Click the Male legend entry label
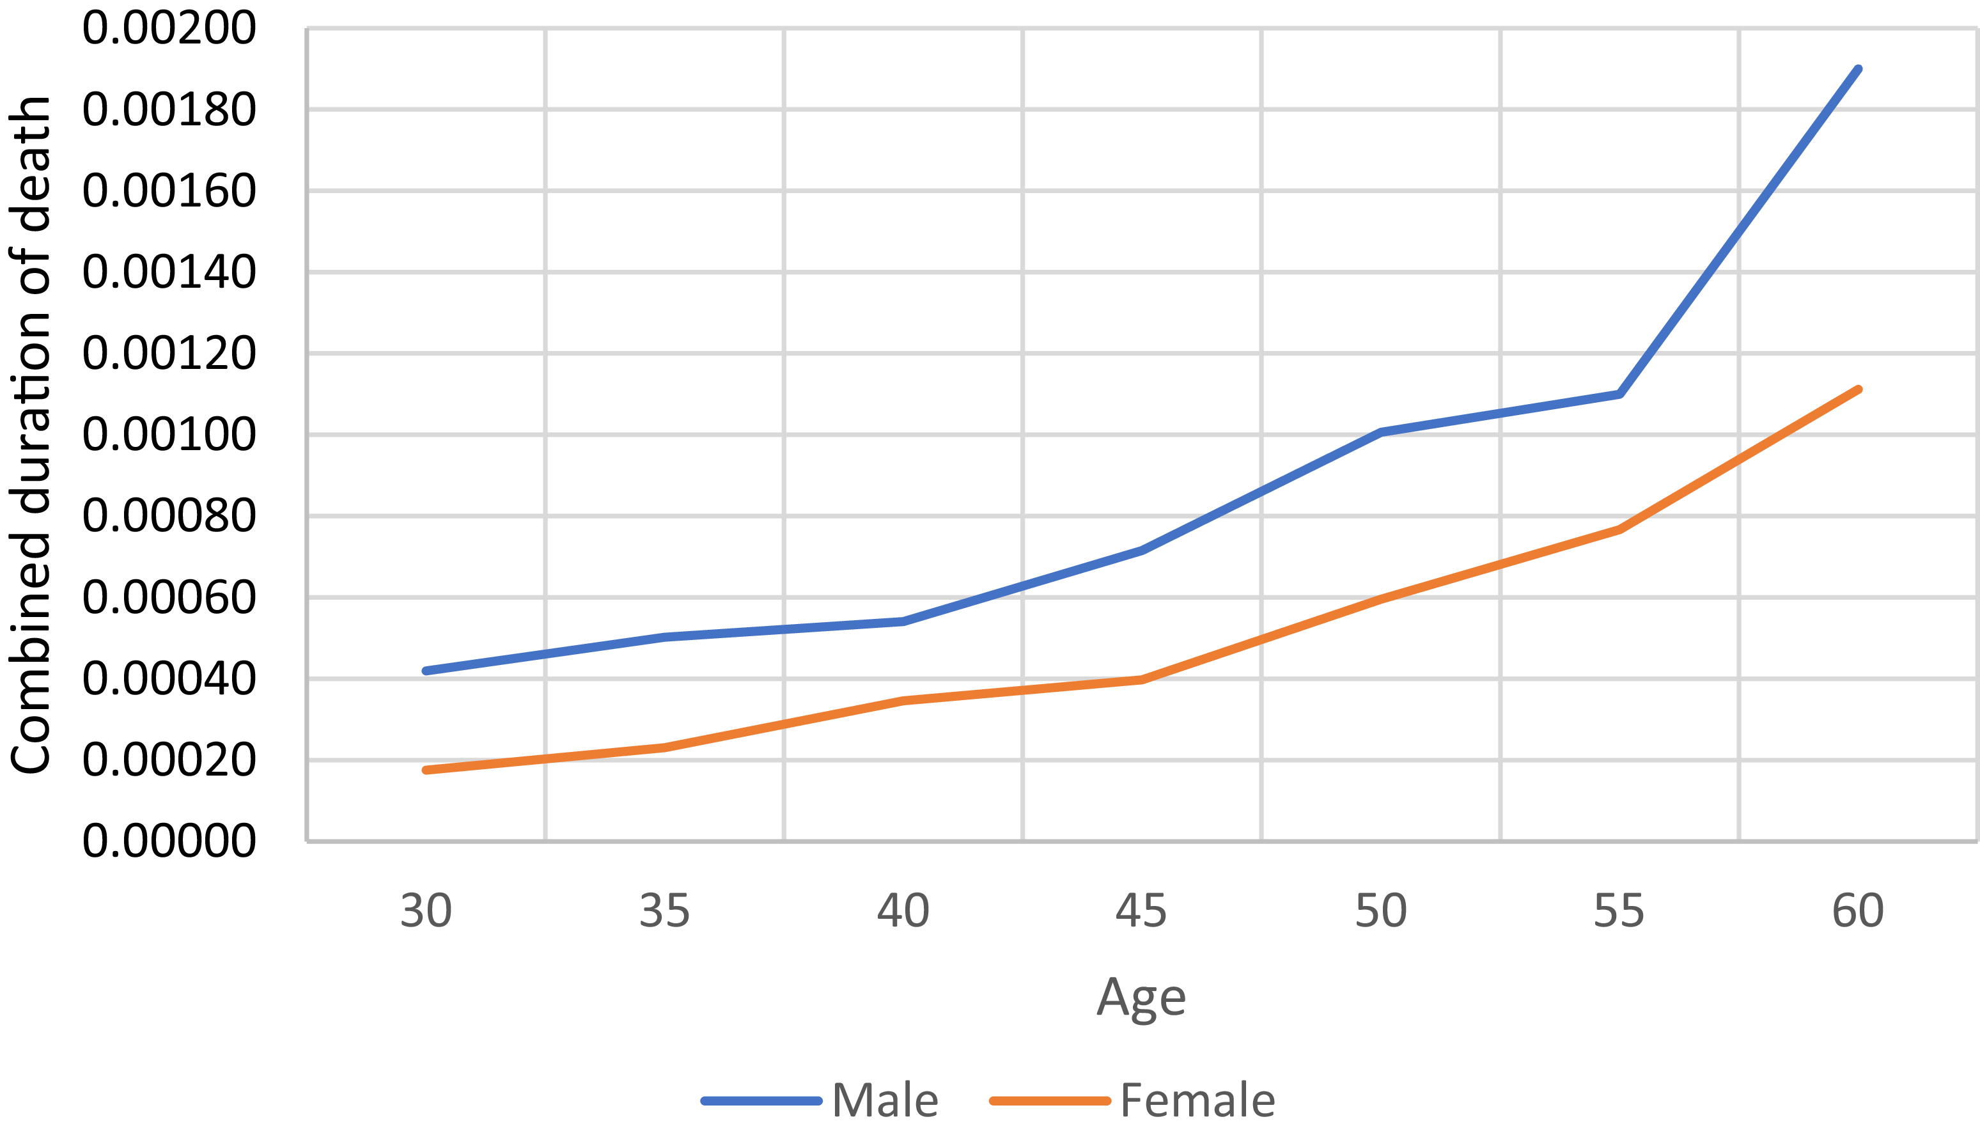pos(885,1100)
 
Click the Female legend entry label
pos(1197,1100)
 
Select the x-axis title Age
pos(1141,997)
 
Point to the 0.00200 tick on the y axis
pos(169,28)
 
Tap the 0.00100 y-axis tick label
pos(169,434)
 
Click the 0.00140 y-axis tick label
pos(169,272)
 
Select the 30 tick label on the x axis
pos(426,910)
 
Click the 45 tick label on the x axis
pos(1141,910)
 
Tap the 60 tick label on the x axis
pos(1858,910)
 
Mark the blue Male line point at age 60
pos(1859,69)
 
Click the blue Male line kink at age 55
pos(1619,395)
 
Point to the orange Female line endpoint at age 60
pos(1859,389)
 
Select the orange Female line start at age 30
pos(426,770)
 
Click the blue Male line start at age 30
pos(426,671)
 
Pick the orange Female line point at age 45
pos(1141,679)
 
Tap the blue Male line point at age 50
pos(1380,431)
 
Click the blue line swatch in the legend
pos(761,1100)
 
